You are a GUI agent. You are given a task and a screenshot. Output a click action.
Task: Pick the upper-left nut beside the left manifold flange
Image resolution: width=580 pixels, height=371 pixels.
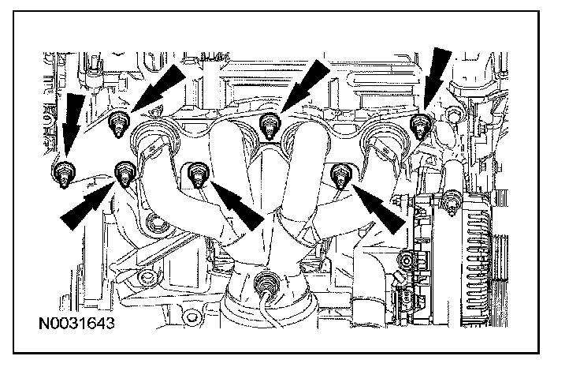pyautogui.click(x=119, y=122)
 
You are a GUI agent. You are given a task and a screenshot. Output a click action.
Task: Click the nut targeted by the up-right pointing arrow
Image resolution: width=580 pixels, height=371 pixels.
pyautogui.click(x=124, y=171)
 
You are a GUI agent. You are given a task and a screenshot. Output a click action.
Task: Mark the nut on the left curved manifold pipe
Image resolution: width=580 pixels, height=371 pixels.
pyautogui.click(x=196, y=171)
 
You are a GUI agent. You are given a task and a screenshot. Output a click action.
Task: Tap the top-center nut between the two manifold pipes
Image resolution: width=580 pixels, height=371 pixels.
pyautogui.click(x=269, y=122)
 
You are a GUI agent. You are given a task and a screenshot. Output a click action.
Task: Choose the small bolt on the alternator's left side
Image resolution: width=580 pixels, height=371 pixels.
pyautogui.click(x=407, y=261)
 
